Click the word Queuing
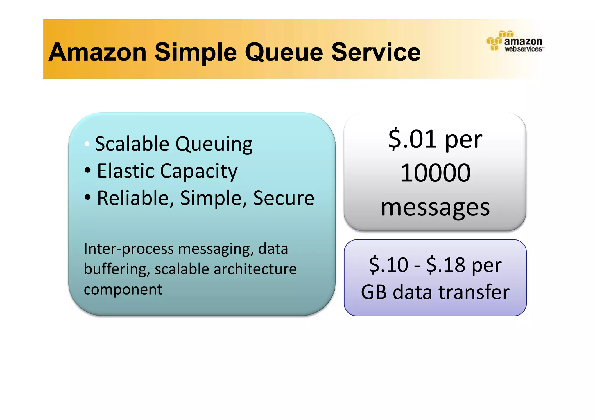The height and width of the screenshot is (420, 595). (x=214, y=145)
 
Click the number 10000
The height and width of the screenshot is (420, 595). (x=435, y=173)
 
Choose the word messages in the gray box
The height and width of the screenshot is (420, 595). (x=435, y=208)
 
